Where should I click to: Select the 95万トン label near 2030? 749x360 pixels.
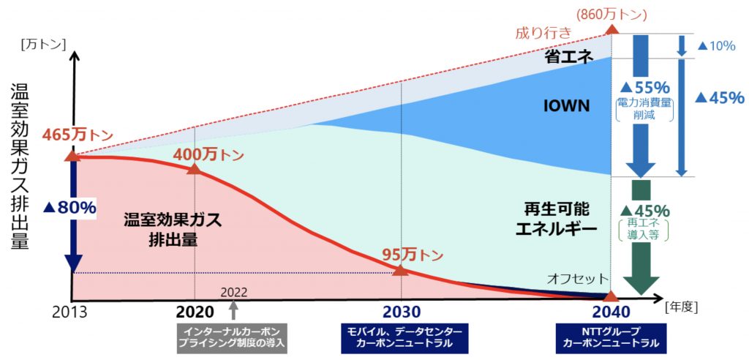(x=413, y=254)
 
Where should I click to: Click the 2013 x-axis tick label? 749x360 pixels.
(x=70, y=310)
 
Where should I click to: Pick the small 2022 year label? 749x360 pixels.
(x=234, y=291)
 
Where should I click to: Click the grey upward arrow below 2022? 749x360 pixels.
(x=234, y=310)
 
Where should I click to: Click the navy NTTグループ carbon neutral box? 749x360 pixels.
(x=611, y=337)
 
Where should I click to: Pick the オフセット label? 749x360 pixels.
(x=578, y=278)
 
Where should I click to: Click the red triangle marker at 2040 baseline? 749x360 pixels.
(x=611, y=296)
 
